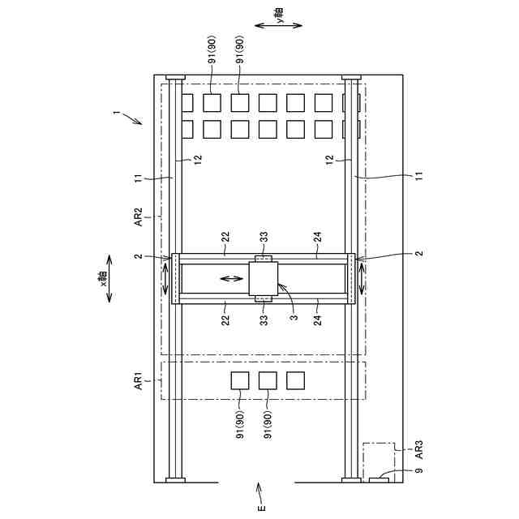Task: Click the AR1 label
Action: tap(138, 380)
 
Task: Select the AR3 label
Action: tap(419, 448)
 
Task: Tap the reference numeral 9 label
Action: tap(418, 470)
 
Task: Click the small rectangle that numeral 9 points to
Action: tap(378, 481)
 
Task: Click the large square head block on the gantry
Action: tap(263, 280)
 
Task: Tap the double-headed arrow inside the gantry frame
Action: tap(230, 280)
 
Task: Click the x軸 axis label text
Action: tap(104, 280)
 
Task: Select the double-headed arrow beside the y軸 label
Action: tap(279, 26)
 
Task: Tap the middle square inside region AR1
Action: tap(268, 380)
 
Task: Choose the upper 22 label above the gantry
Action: tap(226, 237)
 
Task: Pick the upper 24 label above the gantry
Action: tap(317, 237)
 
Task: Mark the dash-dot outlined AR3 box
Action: tap(378, 460)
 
